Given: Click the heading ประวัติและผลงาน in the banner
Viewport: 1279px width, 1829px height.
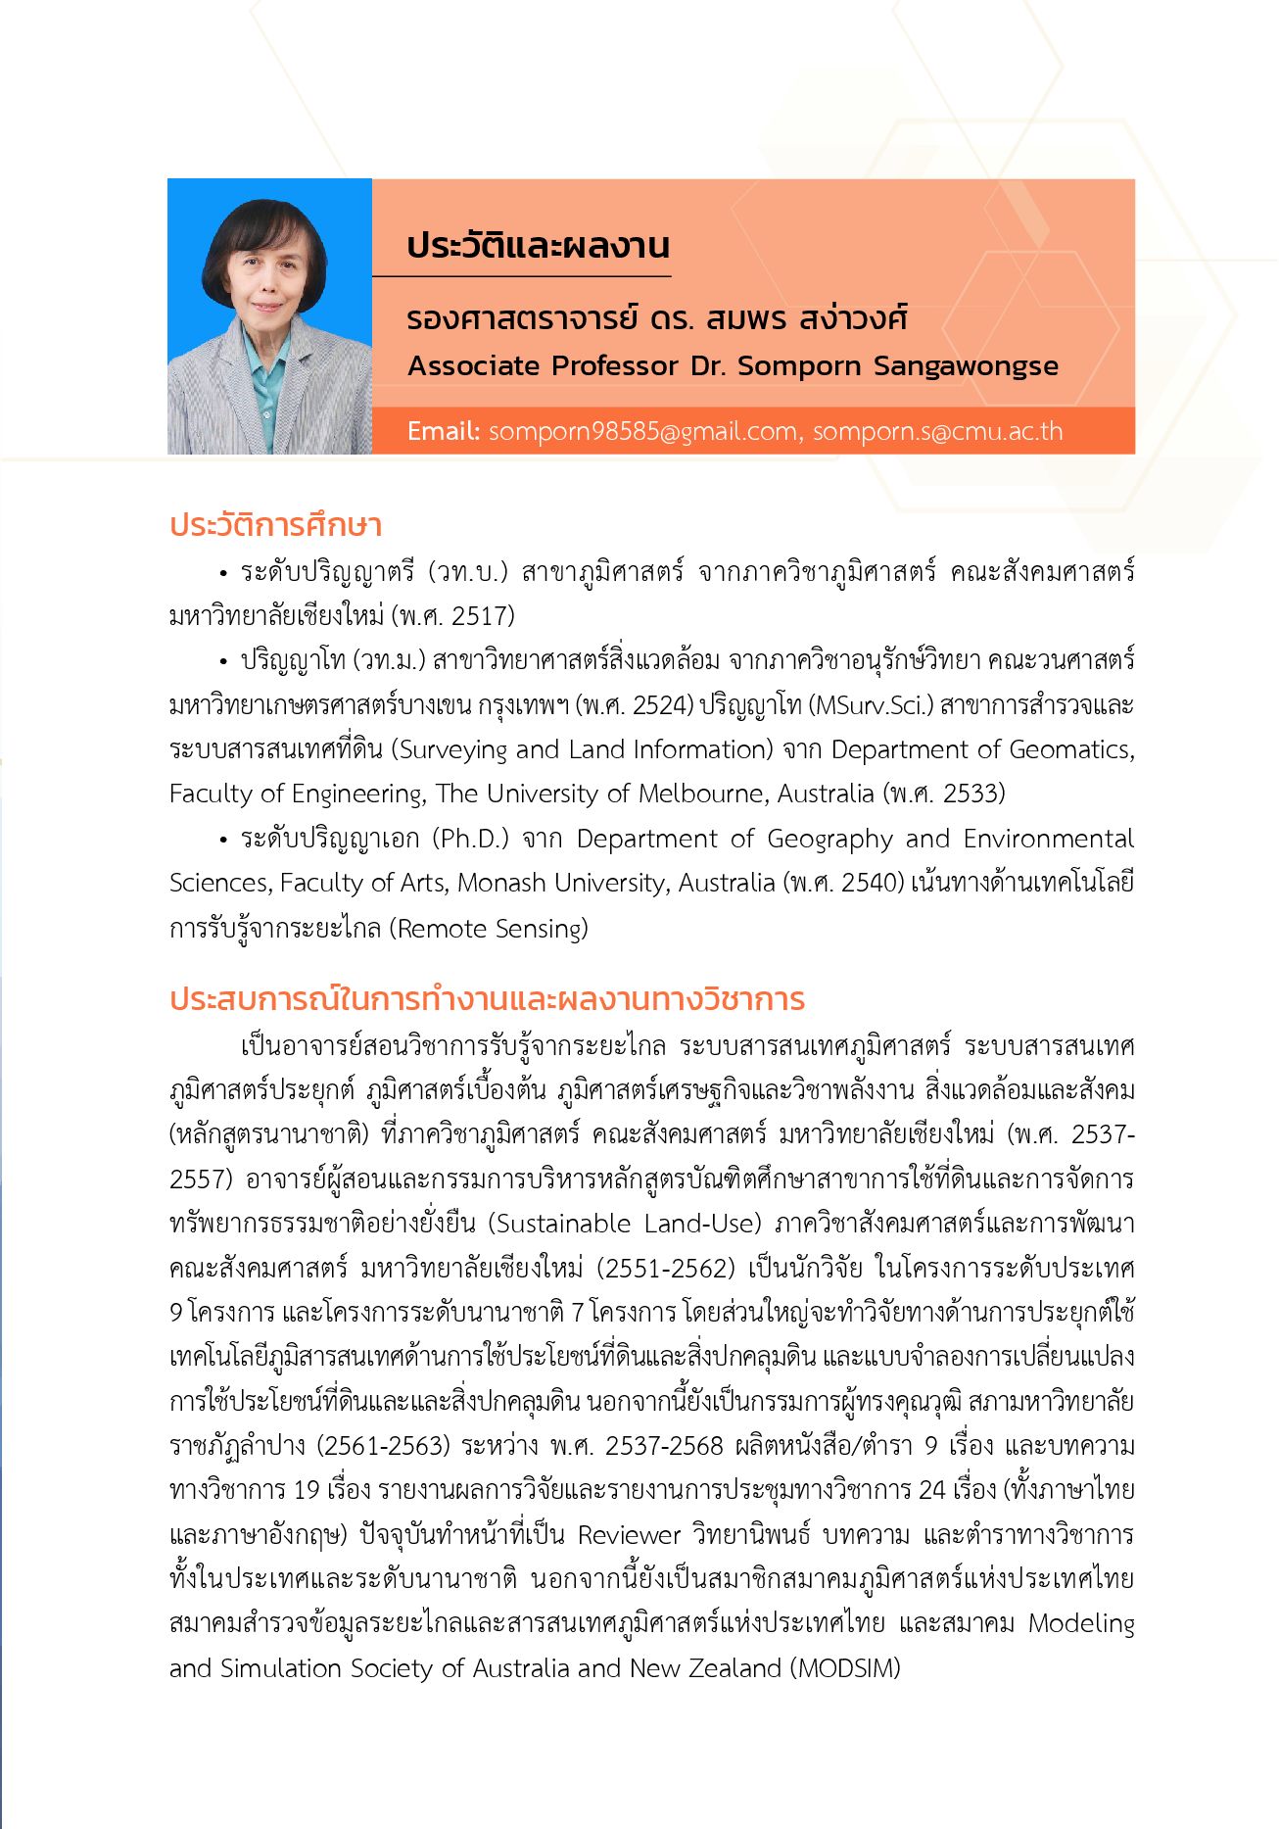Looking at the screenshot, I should pyautogui.click(x=538, y=245).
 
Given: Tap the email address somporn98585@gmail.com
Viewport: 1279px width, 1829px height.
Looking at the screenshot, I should pyautogui.click(x=642, y=431).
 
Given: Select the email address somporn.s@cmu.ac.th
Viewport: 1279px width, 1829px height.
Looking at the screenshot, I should pyautogui.click(x=937, y=431).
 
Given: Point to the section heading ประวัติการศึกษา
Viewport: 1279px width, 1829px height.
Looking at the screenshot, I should pyautogui.click(x=275, y=525).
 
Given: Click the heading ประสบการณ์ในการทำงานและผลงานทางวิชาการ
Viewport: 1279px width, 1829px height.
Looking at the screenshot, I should pyautogui.click(x=487, y=999).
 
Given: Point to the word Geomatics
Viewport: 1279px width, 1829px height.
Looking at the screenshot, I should pyautogui.click(x=1071, y=749).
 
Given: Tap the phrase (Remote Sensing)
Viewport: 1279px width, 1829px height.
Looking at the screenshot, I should pyautogui.click(x=489, y=928).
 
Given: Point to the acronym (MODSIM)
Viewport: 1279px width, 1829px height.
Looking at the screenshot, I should pyautogui.click(x=845, y=1667).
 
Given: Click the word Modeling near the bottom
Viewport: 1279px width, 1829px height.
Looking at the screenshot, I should pyautogui.click(x=1081, y=1623).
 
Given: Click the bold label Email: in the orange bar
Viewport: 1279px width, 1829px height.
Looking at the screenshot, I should pyautogui.click(x=444, y=431).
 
